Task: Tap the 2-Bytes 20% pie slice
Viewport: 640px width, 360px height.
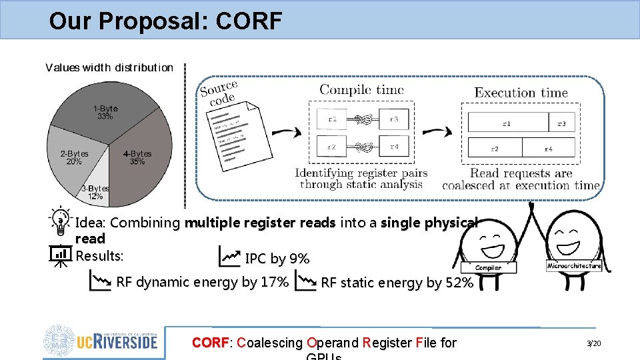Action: tap(74, 157)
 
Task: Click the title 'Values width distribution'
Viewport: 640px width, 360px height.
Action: tap(109, 67)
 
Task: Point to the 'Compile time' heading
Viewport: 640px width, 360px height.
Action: tap(361, 89)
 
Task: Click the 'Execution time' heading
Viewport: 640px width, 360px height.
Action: tap(521, 93)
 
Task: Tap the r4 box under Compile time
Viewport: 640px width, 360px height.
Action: tap(394, 146)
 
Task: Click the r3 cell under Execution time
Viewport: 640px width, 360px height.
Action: tap(561, 123)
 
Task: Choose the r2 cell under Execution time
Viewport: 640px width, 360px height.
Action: tap(495, 148)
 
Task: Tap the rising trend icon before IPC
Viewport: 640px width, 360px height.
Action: tap(229, 256)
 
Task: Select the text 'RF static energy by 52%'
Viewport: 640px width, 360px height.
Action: tap(397, 283)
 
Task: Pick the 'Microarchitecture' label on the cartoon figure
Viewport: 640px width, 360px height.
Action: tap(573, 265)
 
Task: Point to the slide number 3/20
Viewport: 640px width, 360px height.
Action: tap(593, 343)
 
